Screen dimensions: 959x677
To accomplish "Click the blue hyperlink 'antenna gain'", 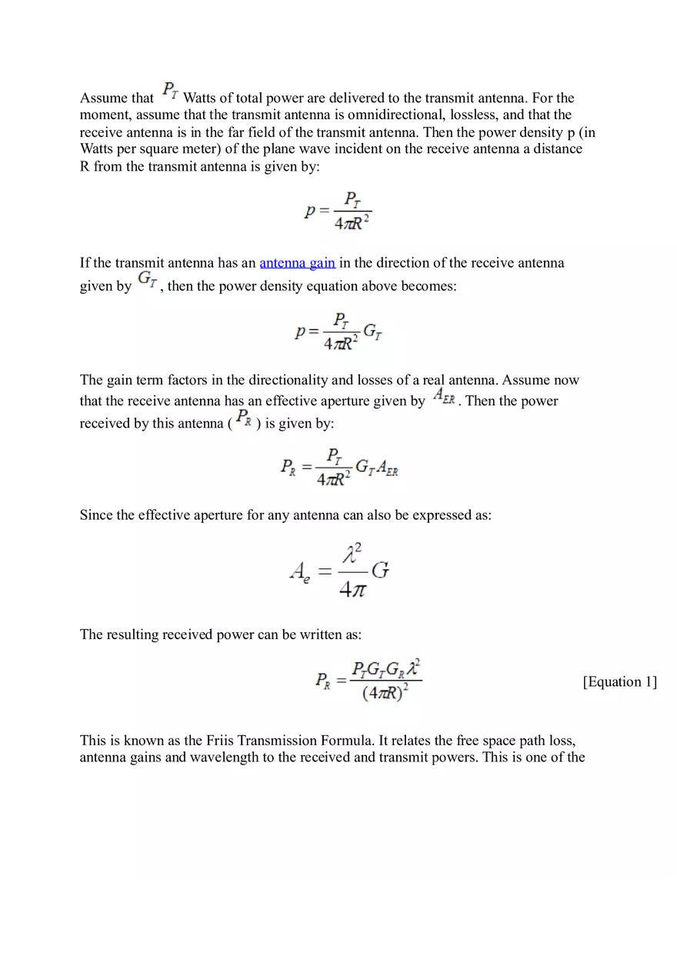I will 297,263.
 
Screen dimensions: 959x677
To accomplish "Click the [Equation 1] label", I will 619,682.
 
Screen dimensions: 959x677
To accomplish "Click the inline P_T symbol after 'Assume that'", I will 170,92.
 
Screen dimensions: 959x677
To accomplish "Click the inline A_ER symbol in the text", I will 444,396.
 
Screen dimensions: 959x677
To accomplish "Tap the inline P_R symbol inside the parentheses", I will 243,418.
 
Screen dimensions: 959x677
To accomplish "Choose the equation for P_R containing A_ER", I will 338,467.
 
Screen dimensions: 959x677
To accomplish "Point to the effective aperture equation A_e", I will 338,571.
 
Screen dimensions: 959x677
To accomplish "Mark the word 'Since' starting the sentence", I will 96,515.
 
